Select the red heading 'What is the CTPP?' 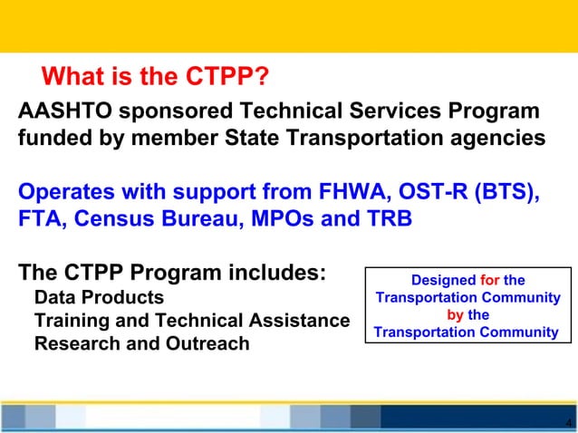tap(155, 76)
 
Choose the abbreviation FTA tap(41, 220)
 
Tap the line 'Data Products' tap(99, 297)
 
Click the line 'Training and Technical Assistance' tap(191, 321)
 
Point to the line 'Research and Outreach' tap(141, 344)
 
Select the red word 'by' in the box tap(456, 315)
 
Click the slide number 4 tap(567, 422)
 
